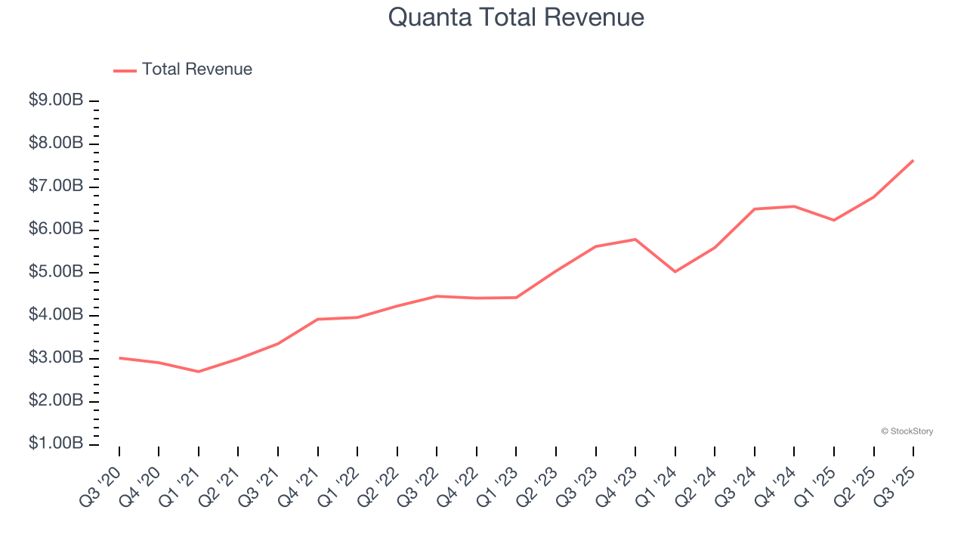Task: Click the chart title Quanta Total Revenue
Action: coord(516,17)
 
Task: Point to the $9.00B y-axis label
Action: coord(56,100)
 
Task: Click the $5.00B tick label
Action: coord(56,272)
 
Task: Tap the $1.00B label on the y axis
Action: coord(56,444)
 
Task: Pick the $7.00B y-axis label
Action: coord(56,186)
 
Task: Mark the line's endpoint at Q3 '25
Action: coord(913,160)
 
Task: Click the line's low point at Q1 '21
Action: coord(199,372)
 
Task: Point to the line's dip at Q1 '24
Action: coord(675,271)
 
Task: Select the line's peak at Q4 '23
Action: coord(635,240)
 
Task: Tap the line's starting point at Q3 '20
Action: coord(119,357)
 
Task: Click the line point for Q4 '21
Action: coord(318,319)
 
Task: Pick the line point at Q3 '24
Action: coord(755,209)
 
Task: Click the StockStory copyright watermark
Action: coord(907,431)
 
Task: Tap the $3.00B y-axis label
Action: coord(56,357)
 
